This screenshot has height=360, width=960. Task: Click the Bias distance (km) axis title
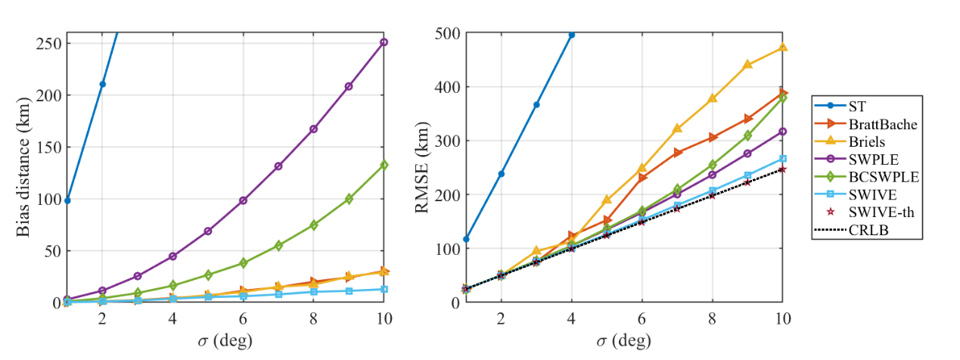coord(23,166)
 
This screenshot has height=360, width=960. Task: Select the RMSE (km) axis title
coord(423,167)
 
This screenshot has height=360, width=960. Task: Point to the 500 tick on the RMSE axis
coord(449,33)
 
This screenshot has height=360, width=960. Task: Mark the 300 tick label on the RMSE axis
coord(449,141)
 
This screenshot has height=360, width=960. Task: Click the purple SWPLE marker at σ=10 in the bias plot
coord(384,42)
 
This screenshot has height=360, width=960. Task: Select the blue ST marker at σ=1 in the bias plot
coord(67,200)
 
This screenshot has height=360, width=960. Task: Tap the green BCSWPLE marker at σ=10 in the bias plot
coord(384,165)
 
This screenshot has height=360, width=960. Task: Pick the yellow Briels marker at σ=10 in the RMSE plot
coord(783,48)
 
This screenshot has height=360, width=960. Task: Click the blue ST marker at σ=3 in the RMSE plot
coord(536,104)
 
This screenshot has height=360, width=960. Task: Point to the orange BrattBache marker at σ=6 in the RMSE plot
coord(642,178)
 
